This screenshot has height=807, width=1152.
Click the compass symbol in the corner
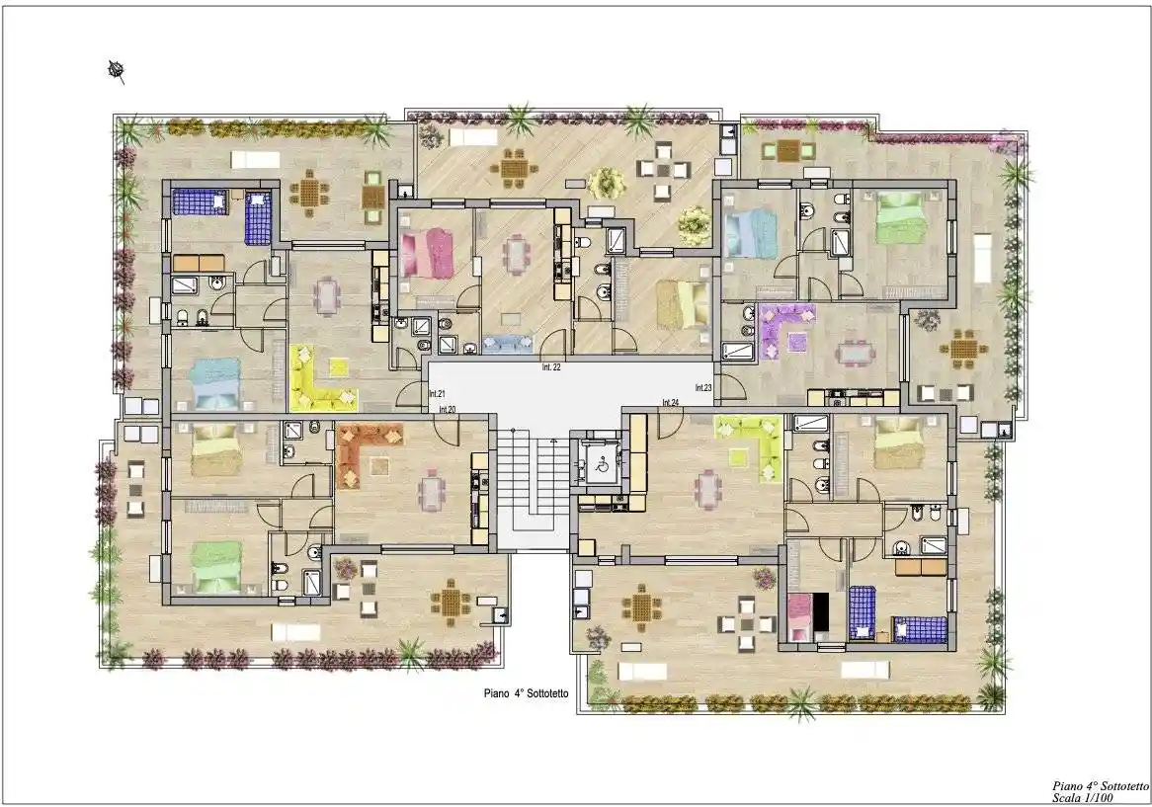[116, 71]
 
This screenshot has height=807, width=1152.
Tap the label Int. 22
[551, 367]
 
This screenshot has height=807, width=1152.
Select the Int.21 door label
[437, 394]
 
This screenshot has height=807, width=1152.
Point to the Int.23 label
[703, 388]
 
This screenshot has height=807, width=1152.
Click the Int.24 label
[671, 402]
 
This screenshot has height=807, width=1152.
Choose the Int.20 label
[448, 409]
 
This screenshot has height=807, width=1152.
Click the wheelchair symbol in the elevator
[600, 464]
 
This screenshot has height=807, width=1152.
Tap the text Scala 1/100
[1082, 797]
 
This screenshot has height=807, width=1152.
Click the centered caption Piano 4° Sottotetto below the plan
[526, 692]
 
